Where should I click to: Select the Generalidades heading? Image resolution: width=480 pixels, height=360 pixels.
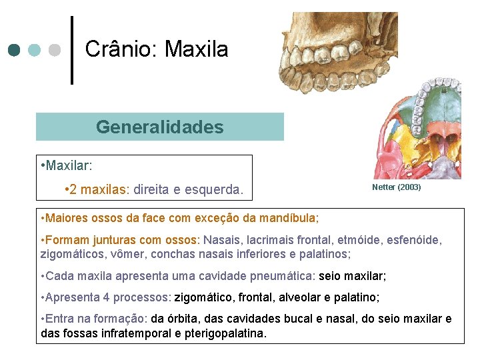(159, 127)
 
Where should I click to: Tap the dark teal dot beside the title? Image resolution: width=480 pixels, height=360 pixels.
(15, 50)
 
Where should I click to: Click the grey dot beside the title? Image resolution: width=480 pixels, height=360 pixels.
(55, 50)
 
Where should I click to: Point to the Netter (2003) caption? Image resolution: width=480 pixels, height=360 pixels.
(396, 187)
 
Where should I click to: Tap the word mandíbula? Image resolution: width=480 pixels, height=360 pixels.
(291, 218)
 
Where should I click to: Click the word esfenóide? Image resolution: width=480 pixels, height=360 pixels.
(415, 240)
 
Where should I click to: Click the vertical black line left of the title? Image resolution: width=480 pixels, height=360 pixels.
(72, 51)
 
